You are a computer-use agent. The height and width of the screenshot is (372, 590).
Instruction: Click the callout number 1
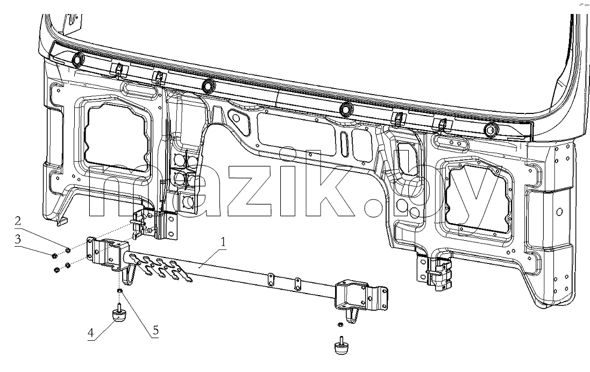(224, 242)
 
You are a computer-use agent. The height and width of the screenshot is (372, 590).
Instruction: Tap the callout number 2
(18, 221)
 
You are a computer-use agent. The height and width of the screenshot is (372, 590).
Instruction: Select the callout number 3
(18, 239)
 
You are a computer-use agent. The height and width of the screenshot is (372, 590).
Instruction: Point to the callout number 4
(91, 333)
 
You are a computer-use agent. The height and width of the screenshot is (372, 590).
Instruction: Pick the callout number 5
(155, 331)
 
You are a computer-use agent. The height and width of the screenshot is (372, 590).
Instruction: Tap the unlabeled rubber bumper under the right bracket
(342, 346)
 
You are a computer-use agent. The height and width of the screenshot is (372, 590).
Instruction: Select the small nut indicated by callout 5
(119, 291)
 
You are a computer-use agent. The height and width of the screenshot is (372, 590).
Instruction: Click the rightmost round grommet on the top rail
(491, 130)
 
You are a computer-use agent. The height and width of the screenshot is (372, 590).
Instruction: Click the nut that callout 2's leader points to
(68, 250)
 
